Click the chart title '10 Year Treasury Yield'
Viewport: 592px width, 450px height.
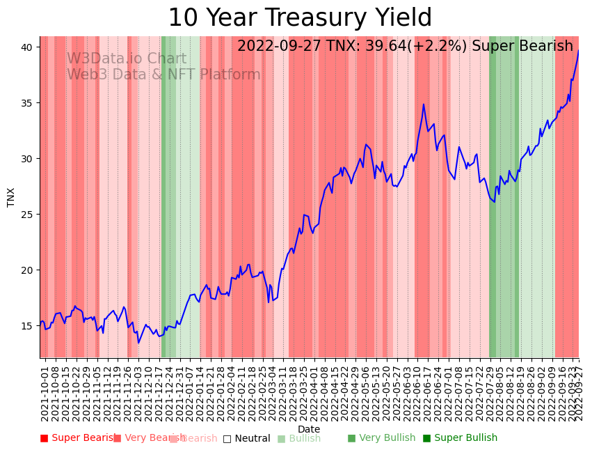tap(300, 18)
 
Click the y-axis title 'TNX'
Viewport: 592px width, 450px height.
tap(11, 197)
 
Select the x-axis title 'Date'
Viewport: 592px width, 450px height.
tap(309, 429)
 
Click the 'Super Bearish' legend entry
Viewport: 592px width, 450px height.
tap(78, 438)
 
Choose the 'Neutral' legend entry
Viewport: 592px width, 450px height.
tap(246, 438)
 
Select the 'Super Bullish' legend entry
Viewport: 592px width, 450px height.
tap(460, 438)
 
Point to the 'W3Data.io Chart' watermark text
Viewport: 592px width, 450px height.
tap(127, 59)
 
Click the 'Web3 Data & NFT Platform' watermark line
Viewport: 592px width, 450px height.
tap(163, 75)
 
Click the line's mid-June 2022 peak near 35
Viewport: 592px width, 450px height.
tap(423, 104)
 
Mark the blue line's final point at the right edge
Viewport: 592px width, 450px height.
tap(578, 49)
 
